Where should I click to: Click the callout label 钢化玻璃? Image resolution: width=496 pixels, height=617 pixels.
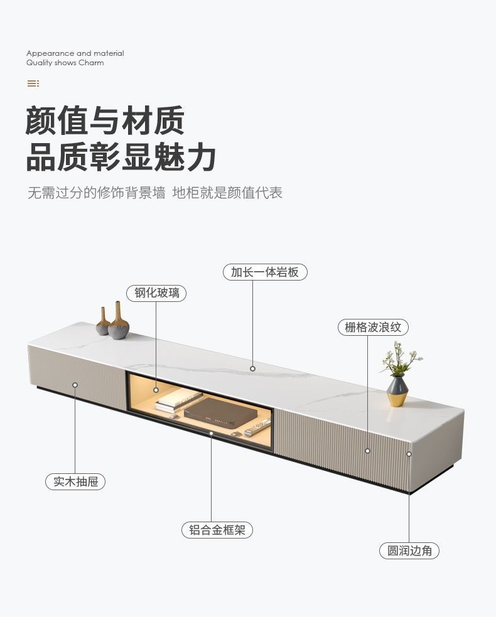pos(156,293)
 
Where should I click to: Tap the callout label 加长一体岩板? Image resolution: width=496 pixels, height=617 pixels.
pos(265,272)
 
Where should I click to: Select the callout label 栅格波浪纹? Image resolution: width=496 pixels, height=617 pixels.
pos(373,327)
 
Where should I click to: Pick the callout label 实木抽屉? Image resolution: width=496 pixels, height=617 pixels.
pos(75,481)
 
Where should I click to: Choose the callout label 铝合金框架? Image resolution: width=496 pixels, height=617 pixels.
pos(217,530)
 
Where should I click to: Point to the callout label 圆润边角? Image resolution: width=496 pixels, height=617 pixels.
pos(409,550)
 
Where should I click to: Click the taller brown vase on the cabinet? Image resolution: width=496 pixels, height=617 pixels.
pos(118,321)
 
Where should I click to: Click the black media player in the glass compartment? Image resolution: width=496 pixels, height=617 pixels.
pos(219,412)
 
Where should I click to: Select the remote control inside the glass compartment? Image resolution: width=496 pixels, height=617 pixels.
pos(257,427)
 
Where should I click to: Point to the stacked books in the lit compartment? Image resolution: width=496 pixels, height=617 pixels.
pos(178,400)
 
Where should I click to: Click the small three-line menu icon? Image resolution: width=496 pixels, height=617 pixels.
pos(33,83)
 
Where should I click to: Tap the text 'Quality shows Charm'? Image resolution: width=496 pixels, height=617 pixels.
pos(65,63)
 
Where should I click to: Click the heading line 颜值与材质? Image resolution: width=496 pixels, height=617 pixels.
pos(105,121)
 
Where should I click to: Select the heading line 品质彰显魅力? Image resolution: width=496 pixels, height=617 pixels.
pos(121,157)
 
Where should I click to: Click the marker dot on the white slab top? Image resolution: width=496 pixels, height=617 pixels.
pos(253,369)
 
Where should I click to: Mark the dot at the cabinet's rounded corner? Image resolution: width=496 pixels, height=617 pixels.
pos(409,454)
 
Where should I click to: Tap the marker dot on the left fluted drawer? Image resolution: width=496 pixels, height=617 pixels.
pos(75,385)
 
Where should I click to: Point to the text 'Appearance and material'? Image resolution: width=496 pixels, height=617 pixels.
pos(75,53)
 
